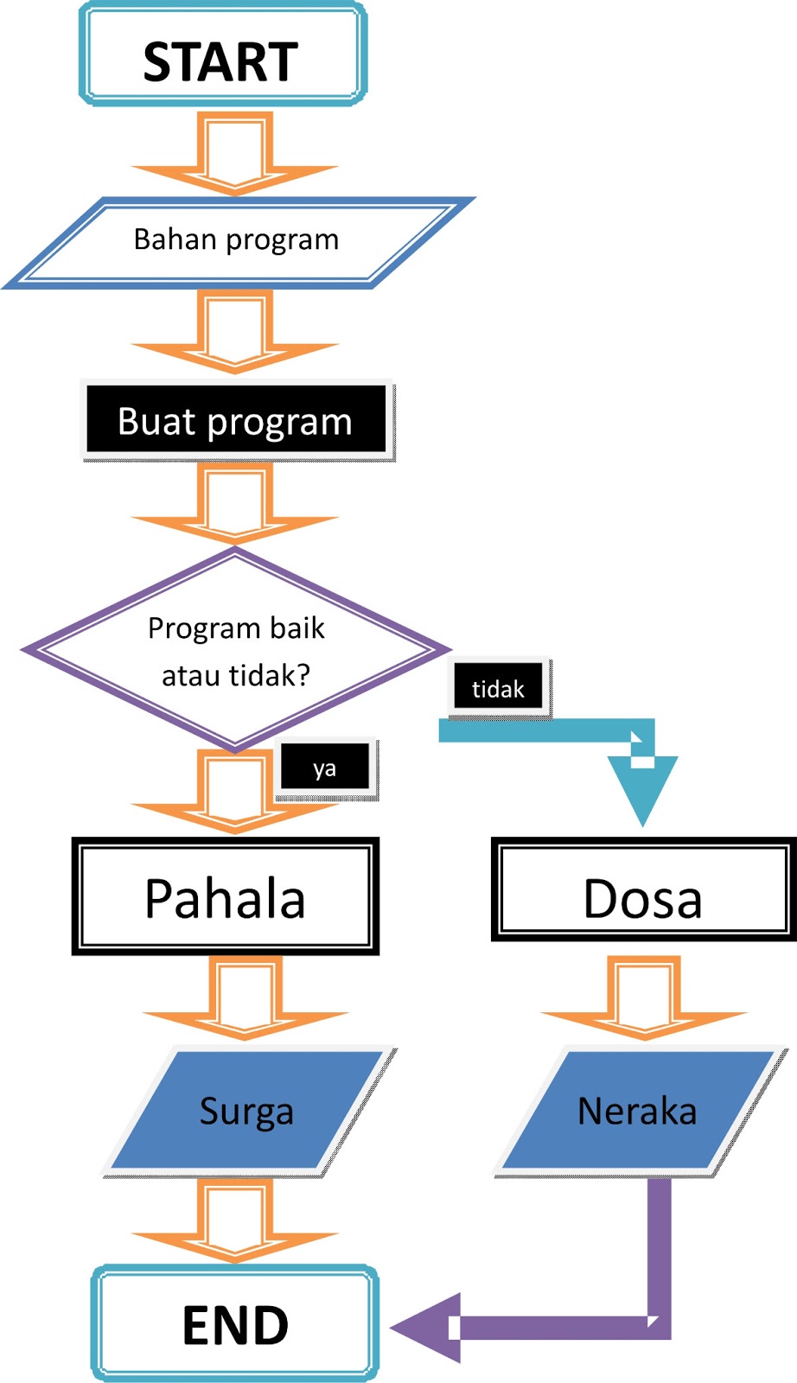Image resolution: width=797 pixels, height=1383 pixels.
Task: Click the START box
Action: coord(222,54)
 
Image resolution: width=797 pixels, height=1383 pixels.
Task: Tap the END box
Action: coord(235,1324)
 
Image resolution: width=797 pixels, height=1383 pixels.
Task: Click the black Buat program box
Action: coord(236,421)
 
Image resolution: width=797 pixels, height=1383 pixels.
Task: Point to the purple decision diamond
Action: coord(235,650)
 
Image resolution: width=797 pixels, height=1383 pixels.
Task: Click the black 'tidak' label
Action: coord(498,688)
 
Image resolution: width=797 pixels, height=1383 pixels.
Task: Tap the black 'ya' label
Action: coord(325,768)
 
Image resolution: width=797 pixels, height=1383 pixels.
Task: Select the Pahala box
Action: coord(225,897)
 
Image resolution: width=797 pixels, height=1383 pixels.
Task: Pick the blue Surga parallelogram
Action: coord(247,1111)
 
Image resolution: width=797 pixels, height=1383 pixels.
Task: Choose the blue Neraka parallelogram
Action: coord(638,1111)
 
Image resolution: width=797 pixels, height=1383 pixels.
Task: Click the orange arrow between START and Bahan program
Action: coord(235,154)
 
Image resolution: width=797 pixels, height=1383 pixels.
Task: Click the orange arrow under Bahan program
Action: coord(235,331)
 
